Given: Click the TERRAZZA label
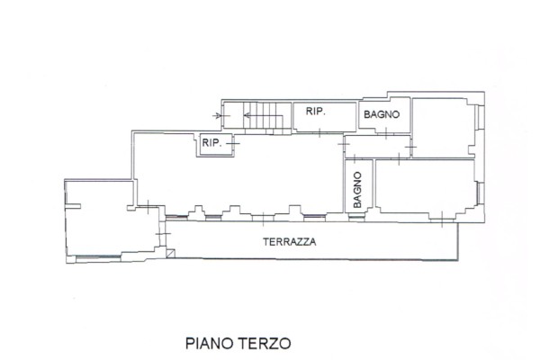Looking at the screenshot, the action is pyautogui.click(x=290, y=242).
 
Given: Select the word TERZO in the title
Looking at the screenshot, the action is pyautogui.click(x=265, y=344).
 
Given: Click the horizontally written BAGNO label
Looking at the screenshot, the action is pyautogui.click(x=382, y=114).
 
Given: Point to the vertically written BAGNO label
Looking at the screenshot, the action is pyautogui.click(x=358, y=190).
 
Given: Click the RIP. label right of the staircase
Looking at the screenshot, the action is pyautogui.click(x=316, y=112).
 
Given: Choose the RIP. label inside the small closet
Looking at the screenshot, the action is pyautogui.click(x=211, y=142).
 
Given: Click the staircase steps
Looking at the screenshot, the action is pyautogui.click(x=264, y=116).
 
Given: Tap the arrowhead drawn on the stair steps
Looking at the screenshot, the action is pyautogui.click(x=247, y=115).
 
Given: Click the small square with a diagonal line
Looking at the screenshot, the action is pyautogui.click(x=170, y=254).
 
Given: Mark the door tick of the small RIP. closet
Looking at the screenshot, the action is pyautogui.click(x=233, y=142).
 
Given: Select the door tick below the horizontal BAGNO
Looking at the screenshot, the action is pyautogui.click(x=386, y=132).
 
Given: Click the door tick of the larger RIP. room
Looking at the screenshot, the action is pyautogui.click(x=319, y=132).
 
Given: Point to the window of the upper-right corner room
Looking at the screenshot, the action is pyautogui.click(x=479, y=118).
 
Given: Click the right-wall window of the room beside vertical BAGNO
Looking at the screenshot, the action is pyautogui.click(x=480, y=192).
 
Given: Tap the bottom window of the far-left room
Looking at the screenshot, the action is pyautogui.click(x=98, y=256).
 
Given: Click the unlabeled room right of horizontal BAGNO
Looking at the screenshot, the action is pyautogui.click(x=443, y=128).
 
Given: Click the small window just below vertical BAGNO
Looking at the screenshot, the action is pyautogui.click(x=356, y=217).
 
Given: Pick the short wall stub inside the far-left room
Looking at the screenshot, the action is pyautogui.click(x=73, y=206).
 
